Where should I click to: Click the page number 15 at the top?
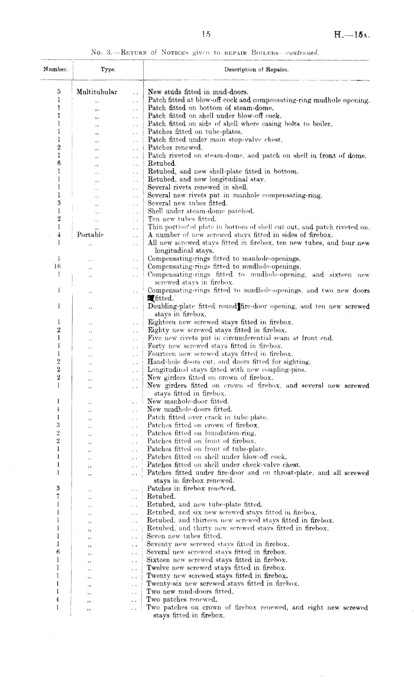pyautogui.click(x=206, y=34)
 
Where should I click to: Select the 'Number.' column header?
pyautogui.click(x=56, y=70)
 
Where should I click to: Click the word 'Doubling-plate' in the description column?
pyautogui.click(x=166, y=307)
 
